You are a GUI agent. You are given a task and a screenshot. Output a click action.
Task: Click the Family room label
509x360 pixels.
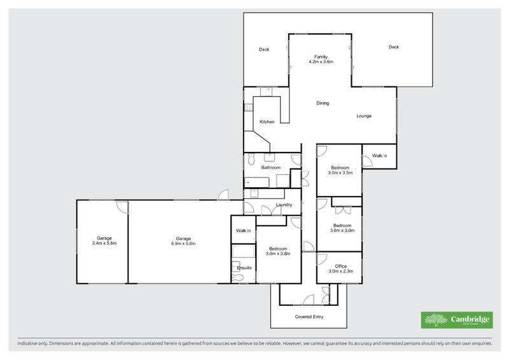321,57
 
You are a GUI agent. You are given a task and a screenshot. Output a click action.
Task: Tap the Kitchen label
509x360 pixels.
267,121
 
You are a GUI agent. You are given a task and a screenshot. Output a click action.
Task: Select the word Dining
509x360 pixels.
323,103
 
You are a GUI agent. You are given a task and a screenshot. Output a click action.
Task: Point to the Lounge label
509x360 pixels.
364,116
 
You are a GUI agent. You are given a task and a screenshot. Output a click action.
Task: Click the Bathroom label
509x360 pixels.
271,167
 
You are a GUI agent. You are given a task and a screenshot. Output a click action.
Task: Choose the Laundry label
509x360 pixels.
284,205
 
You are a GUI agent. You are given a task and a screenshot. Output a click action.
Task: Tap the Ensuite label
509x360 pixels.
244,268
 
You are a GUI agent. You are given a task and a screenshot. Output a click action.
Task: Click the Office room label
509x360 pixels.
341,266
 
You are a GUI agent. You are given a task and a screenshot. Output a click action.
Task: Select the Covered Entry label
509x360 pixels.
309,316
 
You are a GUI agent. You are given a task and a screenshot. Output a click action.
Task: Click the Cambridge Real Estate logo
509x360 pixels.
456,320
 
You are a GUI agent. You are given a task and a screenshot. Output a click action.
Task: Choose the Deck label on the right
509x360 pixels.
394,46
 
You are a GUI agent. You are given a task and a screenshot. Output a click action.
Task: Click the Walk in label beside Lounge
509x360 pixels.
379,155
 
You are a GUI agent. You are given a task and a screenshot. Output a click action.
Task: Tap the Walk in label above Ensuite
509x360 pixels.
244,230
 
